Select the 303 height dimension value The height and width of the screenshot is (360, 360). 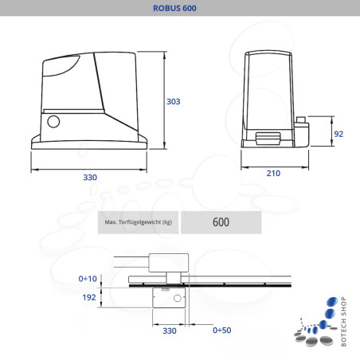point(174,102)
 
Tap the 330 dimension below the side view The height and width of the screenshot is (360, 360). point(90,177)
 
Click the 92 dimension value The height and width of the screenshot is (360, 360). point(338,134)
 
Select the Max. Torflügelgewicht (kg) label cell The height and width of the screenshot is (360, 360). point(138,222)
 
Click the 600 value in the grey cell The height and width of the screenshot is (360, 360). point(221,222)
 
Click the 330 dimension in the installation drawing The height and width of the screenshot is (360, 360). point(169,329)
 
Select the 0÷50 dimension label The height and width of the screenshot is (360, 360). point(222,329)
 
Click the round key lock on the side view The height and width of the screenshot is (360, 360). point(54,122)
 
